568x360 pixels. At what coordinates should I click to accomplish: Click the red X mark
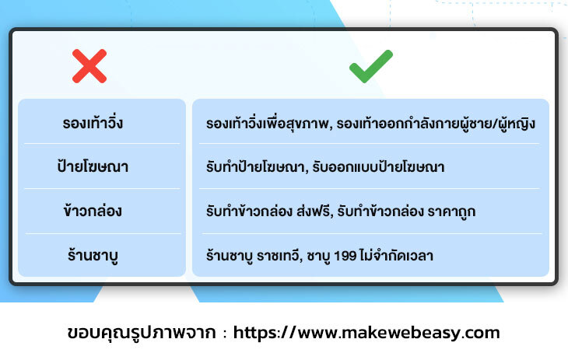pos(89,66)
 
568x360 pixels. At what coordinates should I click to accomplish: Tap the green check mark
pos(371,66)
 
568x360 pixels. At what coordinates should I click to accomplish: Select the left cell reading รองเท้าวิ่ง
pos(93,122)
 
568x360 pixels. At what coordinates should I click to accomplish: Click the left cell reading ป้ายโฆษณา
pos(93,166)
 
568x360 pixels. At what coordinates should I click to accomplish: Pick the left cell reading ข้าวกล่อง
pos(93,211)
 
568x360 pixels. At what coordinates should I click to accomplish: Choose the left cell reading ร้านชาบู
pos(93,255)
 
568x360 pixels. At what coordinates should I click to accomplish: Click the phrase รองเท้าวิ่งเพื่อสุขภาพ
pos(268,124)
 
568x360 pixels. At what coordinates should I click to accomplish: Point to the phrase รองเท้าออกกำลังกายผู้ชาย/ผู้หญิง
pos(436,124)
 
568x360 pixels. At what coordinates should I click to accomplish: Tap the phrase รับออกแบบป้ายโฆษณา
pos(378,166)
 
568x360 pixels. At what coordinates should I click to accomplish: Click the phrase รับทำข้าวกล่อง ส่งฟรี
pos(268,211)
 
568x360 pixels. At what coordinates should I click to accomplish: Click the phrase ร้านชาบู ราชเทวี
pos(252,256)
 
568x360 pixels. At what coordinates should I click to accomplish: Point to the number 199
pos(345,256)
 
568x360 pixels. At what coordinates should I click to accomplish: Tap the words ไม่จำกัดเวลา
pos(397,255)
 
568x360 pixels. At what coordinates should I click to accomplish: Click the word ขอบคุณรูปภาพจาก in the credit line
pos(142,333)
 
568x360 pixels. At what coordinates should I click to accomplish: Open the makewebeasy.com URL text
pos(366,333)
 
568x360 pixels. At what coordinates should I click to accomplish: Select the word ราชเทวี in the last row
pos(278,255)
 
